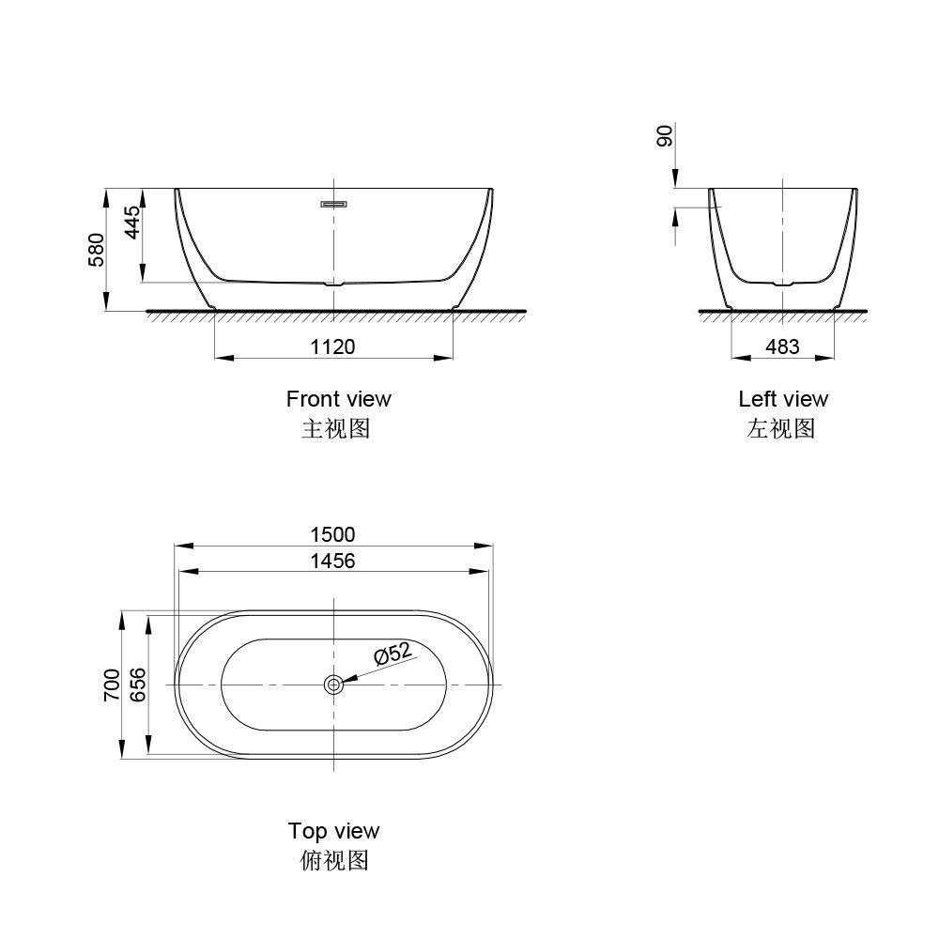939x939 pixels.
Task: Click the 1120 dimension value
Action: (333, 346)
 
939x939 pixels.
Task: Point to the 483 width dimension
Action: (782, 346)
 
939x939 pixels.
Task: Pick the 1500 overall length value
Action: (333, 534)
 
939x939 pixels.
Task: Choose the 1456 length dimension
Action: (333, 561)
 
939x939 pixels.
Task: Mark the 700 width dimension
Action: (112, 685)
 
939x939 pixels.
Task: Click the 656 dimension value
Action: (137, 685)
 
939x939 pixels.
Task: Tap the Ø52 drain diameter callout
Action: (392, 654)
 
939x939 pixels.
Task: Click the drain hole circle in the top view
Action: (333, 685)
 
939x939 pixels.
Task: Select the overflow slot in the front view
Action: (334, 202)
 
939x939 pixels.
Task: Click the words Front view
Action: (338, 399)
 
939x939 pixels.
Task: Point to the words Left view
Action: (783, 399)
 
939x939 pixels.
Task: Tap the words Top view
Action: (333, 831)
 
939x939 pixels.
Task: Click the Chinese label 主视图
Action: (335, 429)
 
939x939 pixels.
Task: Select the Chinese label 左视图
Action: (780, 429)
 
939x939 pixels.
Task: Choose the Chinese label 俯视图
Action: (333, 860)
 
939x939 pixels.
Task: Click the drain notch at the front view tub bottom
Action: (334, 283)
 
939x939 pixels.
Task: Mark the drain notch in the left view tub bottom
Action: (782, 282)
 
